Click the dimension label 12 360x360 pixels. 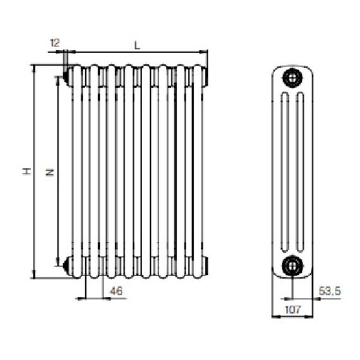(55, 43)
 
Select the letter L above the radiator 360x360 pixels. (137, 45)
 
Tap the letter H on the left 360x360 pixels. (27, 171)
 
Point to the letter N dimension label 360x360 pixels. (49, 172)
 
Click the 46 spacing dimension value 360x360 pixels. (116, 291)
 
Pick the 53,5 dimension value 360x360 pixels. (330, 291)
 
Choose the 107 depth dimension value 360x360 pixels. (292, 309)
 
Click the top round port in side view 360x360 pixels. (292, 78)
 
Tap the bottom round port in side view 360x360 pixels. (292, 266)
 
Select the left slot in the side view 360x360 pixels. (285, 172)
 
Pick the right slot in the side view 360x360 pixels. (300, 172)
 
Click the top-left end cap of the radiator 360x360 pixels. (68, 76)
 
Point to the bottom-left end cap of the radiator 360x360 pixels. (68, 266)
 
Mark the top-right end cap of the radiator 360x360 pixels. (206, 76)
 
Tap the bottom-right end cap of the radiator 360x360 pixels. (206, 266)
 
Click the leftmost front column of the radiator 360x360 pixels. (77, 172)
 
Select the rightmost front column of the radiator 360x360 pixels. (198, 172)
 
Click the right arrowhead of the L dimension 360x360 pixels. (203, 52)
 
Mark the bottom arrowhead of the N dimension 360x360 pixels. (57, 261)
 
